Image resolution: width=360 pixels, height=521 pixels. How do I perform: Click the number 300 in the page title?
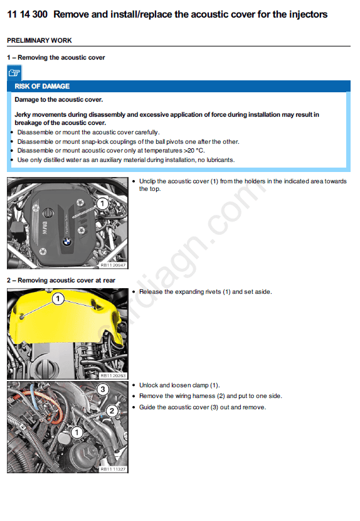coord(40,14)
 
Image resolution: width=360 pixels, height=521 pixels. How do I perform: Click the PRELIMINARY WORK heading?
coord(39,41)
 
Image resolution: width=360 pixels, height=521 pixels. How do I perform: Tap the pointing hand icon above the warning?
coord(14,73)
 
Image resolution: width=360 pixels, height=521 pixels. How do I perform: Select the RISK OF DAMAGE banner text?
coord(42,87)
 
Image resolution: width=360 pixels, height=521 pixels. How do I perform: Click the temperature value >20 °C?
coord(194,151)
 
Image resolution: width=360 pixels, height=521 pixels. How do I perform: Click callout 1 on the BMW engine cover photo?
coord(102,203)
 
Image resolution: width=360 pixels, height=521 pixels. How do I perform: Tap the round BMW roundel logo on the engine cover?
coord(67,242)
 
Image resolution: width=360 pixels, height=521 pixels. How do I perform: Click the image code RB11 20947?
coord(114,265)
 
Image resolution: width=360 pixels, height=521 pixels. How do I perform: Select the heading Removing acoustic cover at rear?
coord(66,281)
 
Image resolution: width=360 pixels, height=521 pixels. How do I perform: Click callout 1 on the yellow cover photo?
coord(58,298)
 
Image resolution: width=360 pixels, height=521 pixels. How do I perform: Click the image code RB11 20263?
coord(114,375)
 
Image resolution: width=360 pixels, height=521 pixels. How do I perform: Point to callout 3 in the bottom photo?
coord(103,389)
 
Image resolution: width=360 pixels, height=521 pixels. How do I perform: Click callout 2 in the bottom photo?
coord(112,411)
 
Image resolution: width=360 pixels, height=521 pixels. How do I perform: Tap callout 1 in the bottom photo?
coord(77,432)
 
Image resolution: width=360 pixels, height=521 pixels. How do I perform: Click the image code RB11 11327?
coord(114,469)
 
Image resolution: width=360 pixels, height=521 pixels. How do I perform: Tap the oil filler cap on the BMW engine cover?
coord(48,212)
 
